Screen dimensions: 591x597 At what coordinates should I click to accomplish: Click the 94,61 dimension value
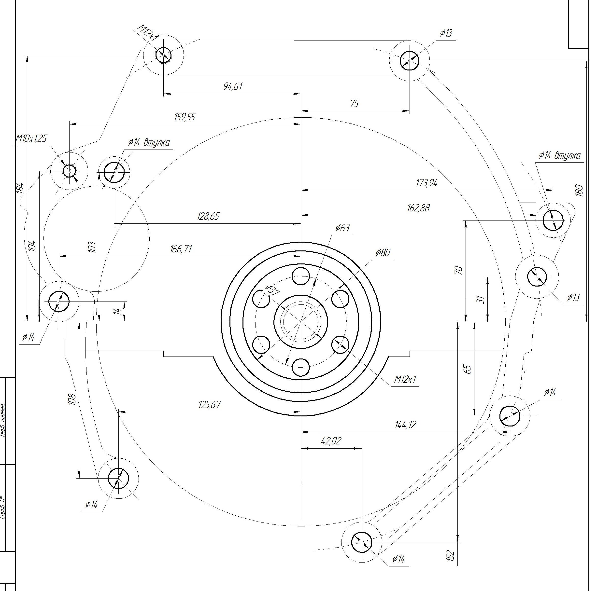[233, 86]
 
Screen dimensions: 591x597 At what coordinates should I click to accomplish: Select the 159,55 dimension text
[185, 117]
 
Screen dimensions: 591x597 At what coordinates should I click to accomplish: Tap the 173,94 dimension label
[426, 183]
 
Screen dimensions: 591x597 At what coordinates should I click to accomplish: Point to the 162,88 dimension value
[418, 208]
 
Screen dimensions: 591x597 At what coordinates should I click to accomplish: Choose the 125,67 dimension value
[210, 404]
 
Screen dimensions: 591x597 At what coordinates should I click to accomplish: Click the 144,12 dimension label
[405, 425]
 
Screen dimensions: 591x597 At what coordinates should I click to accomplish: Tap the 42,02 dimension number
[331, 441]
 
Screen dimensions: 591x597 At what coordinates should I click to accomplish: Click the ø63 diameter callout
[342, 228]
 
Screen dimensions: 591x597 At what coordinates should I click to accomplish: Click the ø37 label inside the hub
[272, 290]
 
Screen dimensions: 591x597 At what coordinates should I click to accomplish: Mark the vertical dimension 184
[20, 188]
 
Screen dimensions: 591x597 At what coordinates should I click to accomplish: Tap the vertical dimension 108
[72, 399]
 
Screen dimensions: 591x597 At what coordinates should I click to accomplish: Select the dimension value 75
[355, 103]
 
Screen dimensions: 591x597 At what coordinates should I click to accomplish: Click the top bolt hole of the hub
[301, 276]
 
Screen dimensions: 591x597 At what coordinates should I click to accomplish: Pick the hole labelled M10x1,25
[69, 170]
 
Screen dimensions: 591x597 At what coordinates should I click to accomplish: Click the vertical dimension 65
[468, 369]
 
